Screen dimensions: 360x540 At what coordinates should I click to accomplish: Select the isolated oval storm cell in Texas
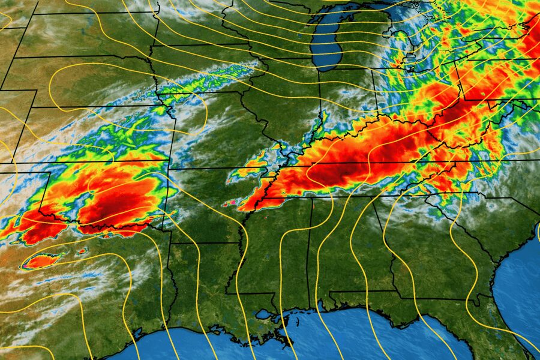pos(43,261)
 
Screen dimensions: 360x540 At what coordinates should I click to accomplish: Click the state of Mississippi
pos(276,252)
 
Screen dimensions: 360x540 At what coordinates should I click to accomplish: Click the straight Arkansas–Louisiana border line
pos(204,243)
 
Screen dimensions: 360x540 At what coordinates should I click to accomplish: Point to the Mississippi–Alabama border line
pos(310,252)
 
